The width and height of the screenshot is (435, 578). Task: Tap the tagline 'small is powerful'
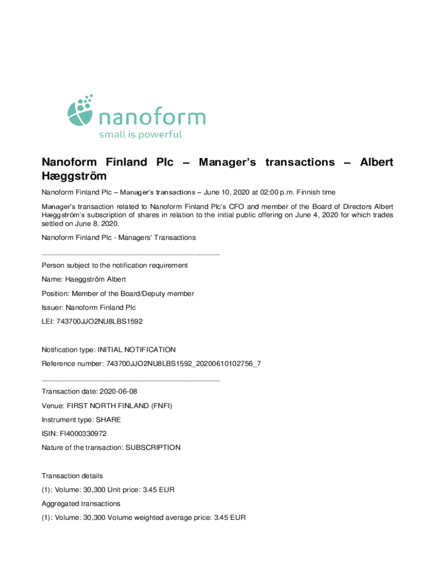[x=140, y=134]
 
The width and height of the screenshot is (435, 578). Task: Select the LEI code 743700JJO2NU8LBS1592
[x=99, y=321]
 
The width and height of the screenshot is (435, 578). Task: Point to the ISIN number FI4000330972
[x=83, y=433]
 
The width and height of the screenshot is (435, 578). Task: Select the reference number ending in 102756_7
[x=184, y=364]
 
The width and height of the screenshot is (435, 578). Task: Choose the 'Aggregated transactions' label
[x=81, y=503]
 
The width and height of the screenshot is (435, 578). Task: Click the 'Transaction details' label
[x=72, y=476]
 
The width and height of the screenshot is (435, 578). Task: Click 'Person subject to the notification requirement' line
[x=115, y=265]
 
